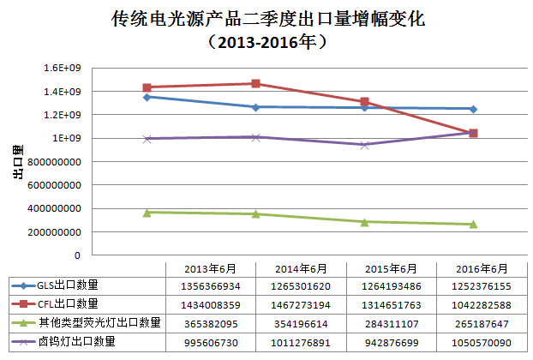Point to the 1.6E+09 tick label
point(63,68)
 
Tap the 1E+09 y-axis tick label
point(68,138)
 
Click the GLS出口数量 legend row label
point(67,285)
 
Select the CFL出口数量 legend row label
point(67,304)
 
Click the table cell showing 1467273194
point(292,304)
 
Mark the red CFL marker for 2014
point(256,84)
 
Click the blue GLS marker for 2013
point(147,97)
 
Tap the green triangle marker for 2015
point(365,222)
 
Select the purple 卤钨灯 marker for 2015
point(365,145)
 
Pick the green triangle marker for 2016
point(473,225)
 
